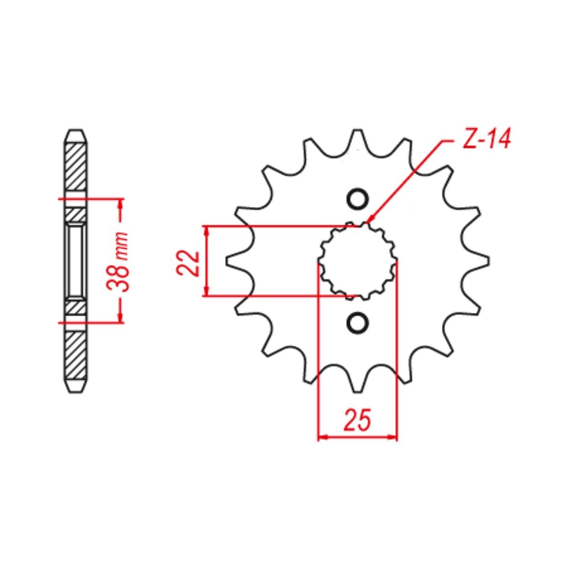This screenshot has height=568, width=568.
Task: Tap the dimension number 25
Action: [x=357, y=420]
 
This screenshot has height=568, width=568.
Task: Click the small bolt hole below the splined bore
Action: [x=357, y=323]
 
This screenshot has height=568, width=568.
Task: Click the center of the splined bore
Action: [x=357, y=261]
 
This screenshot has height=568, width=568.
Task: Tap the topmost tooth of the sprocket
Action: [x=357, y=137]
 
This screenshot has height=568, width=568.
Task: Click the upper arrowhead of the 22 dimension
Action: [x=206, y=230]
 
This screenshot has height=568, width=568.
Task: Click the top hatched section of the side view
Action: [x=76, y=167]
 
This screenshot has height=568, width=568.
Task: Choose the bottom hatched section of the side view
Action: [x=76, y=355]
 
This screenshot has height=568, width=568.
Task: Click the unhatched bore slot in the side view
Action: [x=76, y=261]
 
